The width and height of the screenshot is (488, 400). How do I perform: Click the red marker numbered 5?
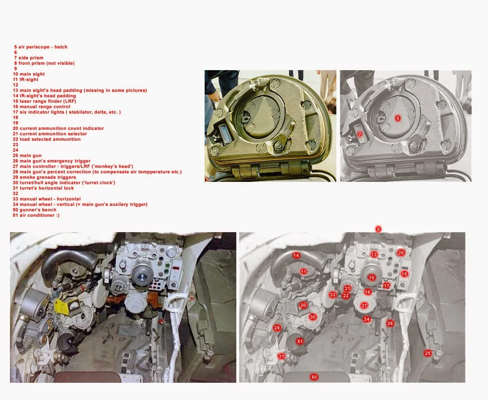coord(397,118)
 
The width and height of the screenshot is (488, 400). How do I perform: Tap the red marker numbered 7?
coord(360,134)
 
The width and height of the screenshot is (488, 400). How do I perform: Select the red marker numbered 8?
coord(378,229)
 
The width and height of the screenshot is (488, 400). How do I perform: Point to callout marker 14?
coord(296,255)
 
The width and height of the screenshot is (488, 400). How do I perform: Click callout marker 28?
coord(401,253)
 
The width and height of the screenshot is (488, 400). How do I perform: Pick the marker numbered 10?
coord(372,277)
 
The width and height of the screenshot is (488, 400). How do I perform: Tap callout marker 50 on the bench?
coord(314,377)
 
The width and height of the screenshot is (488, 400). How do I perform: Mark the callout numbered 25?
coord(428,353)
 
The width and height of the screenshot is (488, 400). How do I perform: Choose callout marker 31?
coord(282,357)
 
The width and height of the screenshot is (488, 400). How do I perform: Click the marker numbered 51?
coord(300,341)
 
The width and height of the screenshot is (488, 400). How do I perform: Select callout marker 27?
coord(364,306)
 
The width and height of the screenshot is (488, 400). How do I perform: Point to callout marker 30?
coord(312,317)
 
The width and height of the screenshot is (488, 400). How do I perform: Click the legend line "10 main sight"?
coord(29,74)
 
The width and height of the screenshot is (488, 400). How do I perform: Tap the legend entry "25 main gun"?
coord(27,156)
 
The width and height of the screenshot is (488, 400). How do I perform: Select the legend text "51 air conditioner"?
coord(36,215)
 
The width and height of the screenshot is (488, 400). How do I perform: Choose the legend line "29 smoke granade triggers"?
coord(44,177)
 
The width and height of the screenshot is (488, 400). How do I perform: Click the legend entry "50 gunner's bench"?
coord(34,210)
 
